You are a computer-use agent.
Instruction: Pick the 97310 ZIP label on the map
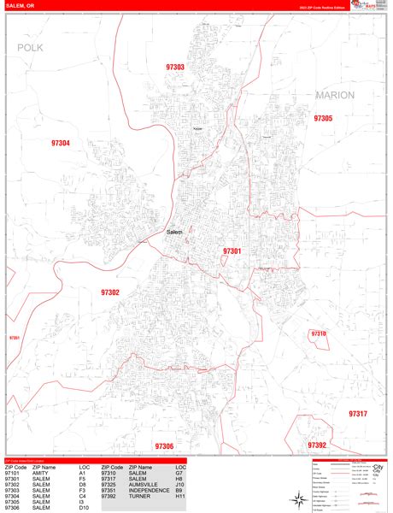(x=318, y=333)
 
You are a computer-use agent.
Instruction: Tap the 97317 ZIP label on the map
(x=357, y=414)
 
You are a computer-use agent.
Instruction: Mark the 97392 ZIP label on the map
(x=317, y=445)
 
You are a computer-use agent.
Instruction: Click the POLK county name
(x=30, y=49)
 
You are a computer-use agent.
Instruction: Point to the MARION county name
(x=334, y=95)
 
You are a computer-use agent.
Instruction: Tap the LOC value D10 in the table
(x=84, y=508)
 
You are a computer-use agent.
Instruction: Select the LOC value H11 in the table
(x=180, y=496)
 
